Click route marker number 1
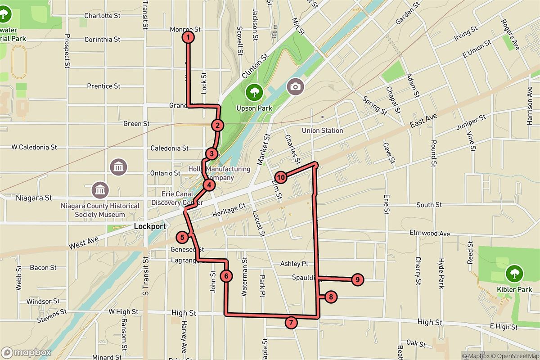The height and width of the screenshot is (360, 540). point(188,37)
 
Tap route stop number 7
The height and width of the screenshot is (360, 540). point(291,322)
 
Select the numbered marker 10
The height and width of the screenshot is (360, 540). point(281,177)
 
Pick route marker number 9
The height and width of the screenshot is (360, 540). point(357,279)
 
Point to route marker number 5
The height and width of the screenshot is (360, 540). point(182,237)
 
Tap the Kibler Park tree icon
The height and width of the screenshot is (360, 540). point(513,273)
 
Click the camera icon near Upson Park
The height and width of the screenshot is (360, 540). point(296,86)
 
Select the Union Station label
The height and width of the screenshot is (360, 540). point(323,130)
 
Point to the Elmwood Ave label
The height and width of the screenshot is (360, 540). point(430,234)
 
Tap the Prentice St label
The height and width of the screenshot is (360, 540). point(103,86)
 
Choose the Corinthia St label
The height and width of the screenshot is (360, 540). point(102,40)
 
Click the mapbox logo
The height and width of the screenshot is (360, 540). point(26,352)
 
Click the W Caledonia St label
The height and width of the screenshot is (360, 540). point(34,147)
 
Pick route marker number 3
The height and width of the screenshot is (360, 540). point(212,154)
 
